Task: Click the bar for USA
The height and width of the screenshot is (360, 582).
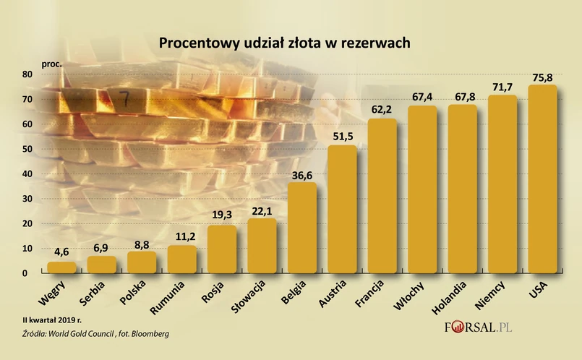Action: tap(543, 179)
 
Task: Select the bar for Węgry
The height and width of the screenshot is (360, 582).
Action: tap(61, 267)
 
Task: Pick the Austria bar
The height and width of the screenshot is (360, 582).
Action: tap(343, 210)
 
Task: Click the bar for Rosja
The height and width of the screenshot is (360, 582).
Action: tap(222, 249)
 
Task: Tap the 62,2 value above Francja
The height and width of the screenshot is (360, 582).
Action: tap(382, 110)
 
